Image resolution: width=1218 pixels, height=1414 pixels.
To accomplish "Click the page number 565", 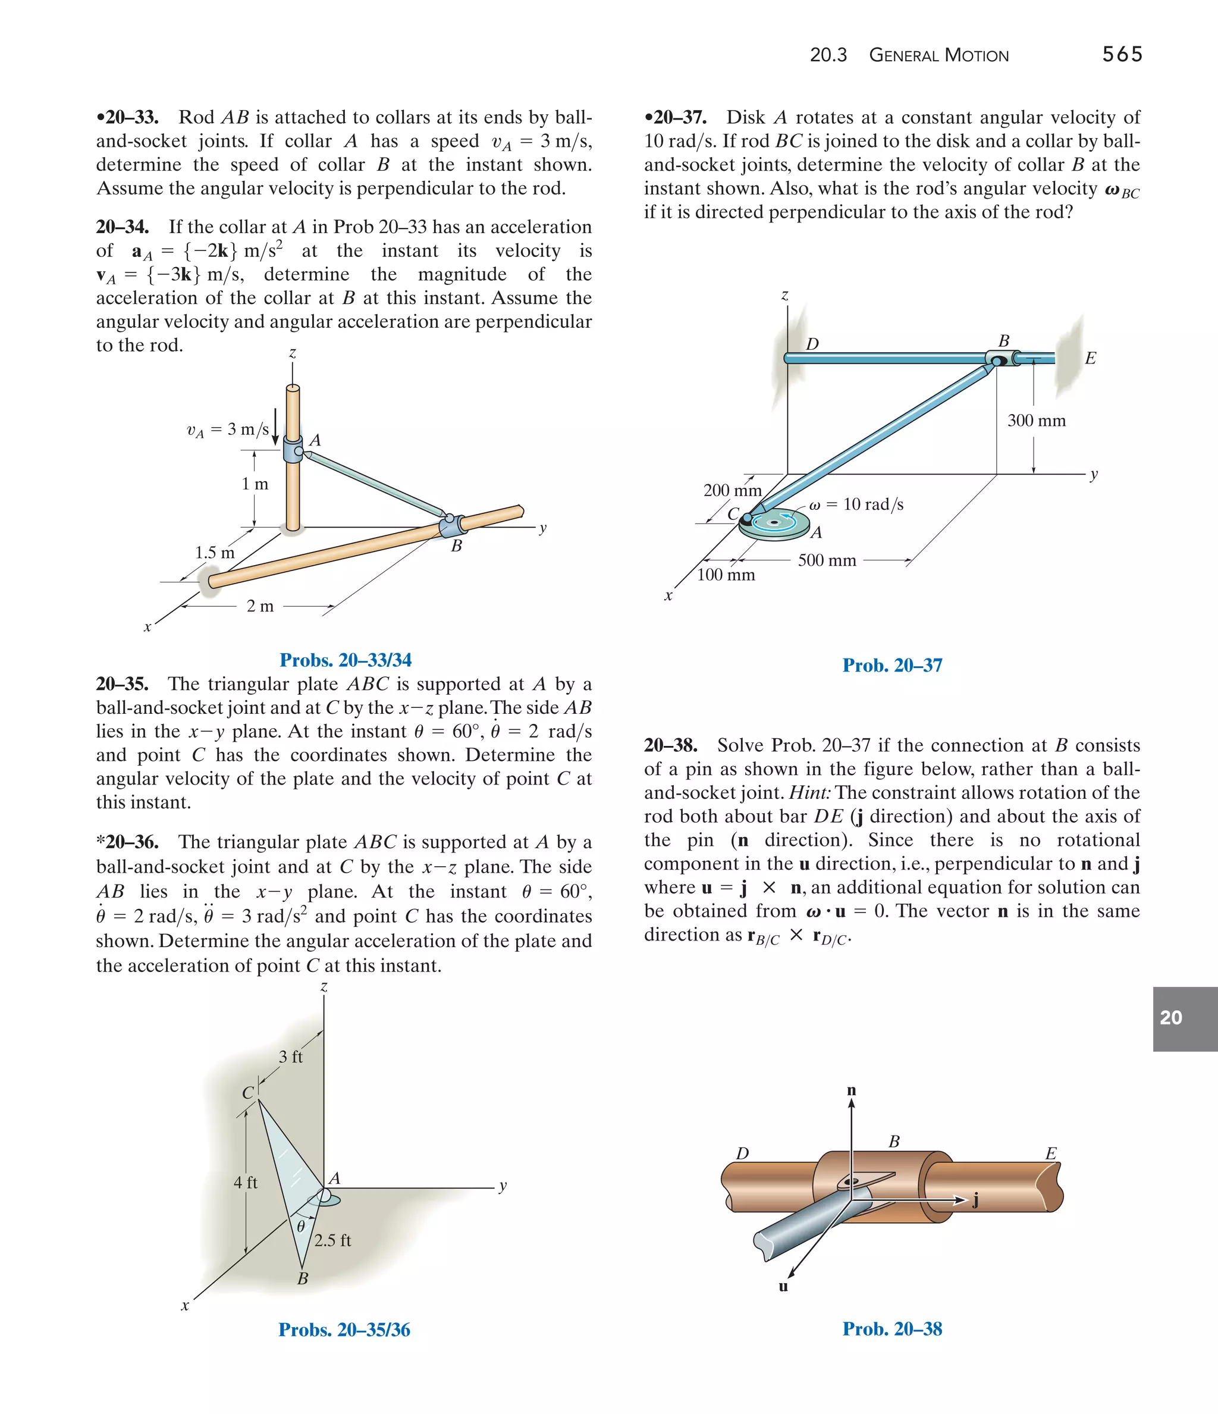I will [x=1122, y=55].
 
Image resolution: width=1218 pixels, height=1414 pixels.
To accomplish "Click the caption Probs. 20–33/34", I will [x=346, y=660].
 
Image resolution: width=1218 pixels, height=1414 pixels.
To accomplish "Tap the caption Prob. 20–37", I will [x=892, y=666].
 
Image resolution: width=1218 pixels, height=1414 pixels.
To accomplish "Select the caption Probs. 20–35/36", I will [x=344, y=1330].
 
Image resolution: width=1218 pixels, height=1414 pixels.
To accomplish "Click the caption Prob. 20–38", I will [x=892, y=1329].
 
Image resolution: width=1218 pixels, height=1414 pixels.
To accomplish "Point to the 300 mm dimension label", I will [x=1036, y=421].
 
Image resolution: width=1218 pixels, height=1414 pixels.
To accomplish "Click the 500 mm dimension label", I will [x=826, y=560].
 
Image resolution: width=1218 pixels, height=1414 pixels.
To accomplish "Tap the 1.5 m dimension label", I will [x=214, y=553].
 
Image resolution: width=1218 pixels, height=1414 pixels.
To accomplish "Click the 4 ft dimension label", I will [x=245, y=1182].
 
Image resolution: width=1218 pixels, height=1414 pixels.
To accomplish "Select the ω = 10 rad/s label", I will [x=856, y=504].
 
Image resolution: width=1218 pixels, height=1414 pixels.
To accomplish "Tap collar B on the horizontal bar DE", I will [x=999, y=358].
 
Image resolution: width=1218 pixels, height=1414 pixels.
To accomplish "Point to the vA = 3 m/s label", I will [x=228, y=430].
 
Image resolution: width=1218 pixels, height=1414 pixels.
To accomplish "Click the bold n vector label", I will [x=851, y=1090].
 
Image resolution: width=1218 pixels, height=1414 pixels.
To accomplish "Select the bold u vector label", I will [x=783, y=1286].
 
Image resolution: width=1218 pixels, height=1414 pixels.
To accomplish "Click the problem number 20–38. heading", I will [x=670, y=745].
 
